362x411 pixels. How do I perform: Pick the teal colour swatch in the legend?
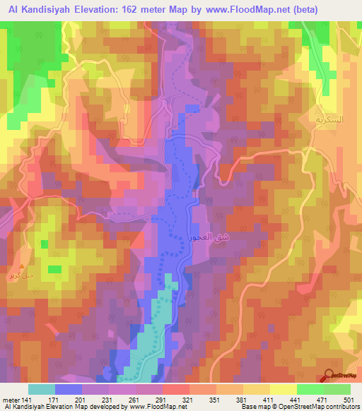coord(41,389)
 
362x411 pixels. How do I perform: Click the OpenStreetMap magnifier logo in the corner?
coord(330,376)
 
